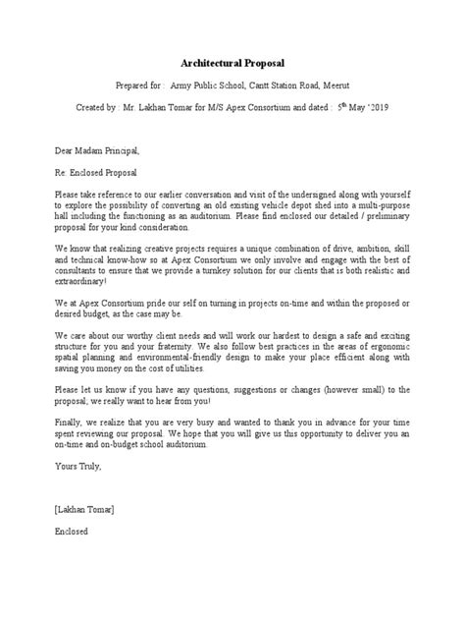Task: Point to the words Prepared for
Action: coord(127,85)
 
